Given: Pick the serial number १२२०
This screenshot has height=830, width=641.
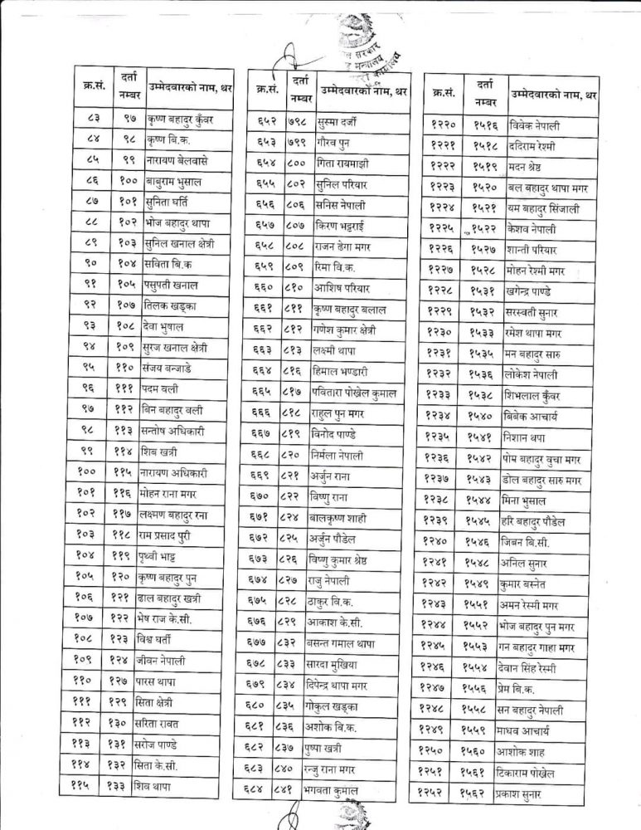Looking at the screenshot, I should (x=447, y=126).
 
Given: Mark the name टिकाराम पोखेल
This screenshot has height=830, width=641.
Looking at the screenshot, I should (x=540, y=774).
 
